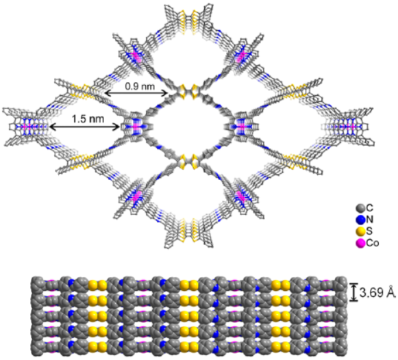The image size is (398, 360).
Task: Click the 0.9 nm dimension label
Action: pos(140,86)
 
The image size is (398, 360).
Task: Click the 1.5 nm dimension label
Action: pos(88,118)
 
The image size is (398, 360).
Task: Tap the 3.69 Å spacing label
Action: pos(377,292)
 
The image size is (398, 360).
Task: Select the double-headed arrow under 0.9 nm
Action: pos(136,94)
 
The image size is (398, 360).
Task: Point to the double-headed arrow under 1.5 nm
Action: pos(84,127)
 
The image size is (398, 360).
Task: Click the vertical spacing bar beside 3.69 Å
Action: pos(353,292)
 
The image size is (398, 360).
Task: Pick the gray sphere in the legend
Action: pos(361,208)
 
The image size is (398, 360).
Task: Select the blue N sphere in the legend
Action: pos(361,220)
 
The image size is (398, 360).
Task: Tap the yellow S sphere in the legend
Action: pos(361,231)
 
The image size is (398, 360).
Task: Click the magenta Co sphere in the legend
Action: pos(361,243)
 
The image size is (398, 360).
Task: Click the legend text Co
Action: pos(373,243)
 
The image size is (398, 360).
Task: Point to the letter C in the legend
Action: pos(370,208)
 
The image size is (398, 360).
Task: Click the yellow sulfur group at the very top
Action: pos(188,21)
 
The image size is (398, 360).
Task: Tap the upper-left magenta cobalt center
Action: pos(136,57)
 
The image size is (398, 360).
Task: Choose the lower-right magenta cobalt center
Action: pos(241,196)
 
